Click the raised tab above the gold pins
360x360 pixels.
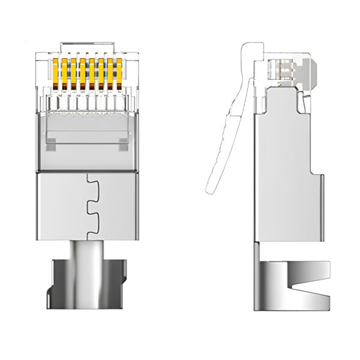pos(88,46)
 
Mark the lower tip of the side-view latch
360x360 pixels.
pos(210,189)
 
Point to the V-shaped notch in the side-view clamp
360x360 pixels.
pos(294,282)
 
